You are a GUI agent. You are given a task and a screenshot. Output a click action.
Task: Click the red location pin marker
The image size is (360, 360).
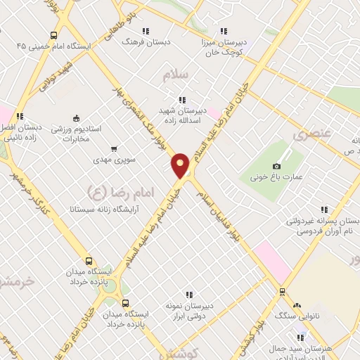[181, 165]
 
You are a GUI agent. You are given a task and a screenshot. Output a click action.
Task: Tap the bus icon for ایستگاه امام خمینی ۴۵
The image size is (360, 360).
[54, 36]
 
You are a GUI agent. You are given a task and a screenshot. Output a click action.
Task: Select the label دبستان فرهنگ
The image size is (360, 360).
[146, 42]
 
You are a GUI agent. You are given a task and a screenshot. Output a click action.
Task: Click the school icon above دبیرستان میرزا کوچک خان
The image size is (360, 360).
[224, 31]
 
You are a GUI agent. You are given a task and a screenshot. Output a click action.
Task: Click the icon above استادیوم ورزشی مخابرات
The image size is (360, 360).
[77, 118]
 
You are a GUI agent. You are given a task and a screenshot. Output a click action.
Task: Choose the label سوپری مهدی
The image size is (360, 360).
[112, 160]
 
